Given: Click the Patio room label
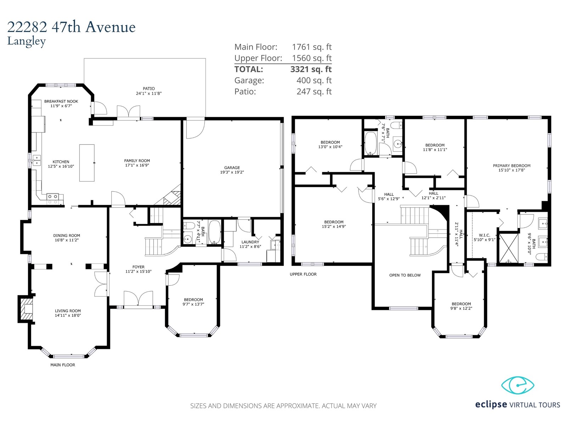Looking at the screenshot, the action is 149,89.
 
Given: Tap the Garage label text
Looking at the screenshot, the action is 232,168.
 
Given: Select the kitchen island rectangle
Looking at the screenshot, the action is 87,163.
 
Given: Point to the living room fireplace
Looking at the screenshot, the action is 25,309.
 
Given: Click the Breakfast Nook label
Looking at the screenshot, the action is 61,101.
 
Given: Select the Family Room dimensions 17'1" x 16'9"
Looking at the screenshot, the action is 137,165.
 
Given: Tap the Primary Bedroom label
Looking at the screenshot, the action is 511,166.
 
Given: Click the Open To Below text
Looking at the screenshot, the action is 405,275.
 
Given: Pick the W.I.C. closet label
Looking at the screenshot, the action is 484,235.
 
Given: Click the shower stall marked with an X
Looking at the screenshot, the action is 509,248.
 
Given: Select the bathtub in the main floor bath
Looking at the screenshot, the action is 214,232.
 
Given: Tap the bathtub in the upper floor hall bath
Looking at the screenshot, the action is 371,143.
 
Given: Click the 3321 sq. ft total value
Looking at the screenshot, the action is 311,69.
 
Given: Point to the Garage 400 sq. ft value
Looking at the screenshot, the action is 314,80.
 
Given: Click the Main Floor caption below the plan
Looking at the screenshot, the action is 63,365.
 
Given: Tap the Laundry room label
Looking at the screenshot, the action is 250,242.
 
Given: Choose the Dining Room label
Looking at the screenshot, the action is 67,236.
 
